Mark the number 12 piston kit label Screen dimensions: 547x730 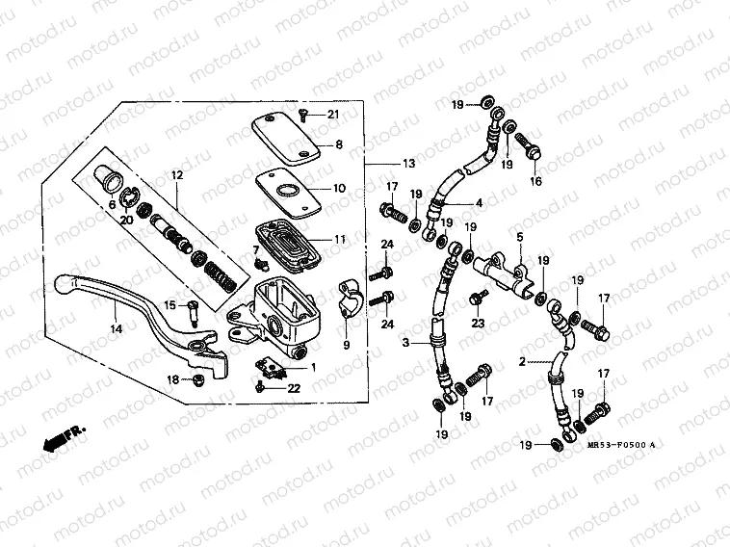coord(177,175)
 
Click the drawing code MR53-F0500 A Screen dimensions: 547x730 coord(620,445)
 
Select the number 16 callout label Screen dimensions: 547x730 coord(535,181)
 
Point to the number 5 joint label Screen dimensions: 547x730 coord(519,236)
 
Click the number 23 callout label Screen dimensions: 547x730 coord(476,325)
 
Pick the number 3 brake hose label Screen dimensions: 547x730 coord(405,342)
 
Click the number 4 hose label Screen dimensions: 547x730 coord(478,203)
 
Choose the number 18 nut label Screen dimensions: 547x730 coord(172,380)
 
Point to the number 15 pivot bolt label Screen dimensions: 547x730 coord(169,305)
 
